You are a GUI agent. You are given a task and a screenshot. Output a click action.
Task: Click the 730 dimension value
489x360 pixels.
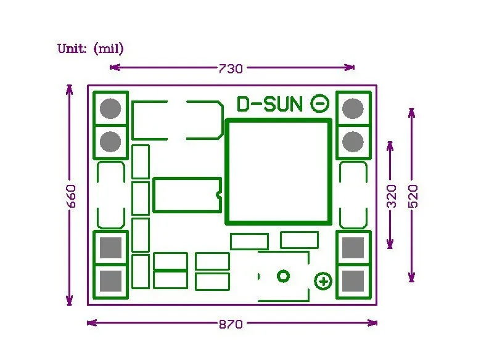231,68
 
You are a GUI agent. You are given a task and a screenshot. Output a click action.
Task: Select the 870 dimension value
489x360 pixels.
231,324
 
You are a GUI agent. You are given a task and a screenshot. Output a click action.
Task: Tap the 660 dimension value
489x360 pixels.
72,196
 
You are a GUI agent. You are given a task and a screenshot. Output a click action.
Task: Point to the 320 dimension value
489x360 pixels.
392,196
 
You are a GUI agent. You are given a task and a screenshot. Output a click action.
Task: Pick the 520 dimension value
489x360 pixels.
413,196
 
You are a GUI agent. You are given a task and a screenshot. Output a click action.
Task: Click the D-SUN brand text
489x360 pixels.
269,104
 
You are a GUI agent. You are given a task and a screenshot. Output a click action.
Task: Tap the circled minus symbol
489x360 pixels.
319,103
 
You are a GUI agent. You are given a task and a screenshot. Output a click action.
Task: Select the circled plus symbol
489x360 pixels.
323,281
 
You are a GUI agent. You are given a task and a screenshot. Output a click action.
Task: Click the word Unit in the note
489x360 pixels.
72,49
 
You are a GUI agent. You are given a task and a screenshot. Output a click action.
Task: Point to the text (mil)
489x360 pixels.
109,49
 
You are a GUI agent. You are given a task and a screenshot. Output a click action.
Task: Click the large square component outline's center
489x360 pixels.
278,171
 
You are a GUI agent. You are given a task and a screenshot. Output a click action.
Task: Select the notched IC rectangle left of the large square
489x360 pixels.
187,195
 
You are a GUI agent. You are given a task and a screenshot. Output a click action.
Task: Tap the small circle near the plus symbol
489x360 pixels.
283,276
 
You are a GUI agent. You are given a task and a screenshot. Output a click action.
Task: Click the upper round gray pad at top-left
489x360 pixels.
110,108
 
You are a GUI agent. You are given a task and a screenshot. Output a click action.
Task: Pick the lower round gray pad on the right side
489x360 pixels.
353,142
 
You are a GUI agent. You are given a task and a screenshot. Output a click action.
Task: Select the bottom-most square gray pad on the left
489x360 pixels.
110,281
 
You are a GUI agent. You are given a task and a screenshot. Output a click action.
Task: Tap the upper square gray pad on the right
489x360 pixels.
353,248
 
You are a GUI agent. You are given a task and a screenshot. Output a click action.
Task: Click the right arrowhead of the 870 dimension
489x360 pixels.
373,323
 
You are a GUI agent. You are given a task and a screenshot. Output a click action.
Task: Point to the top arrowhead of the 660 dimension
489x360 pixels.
69,89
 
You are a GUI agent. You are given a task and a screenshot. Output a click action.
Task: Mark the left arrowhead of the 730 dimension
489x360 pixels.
115,67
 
